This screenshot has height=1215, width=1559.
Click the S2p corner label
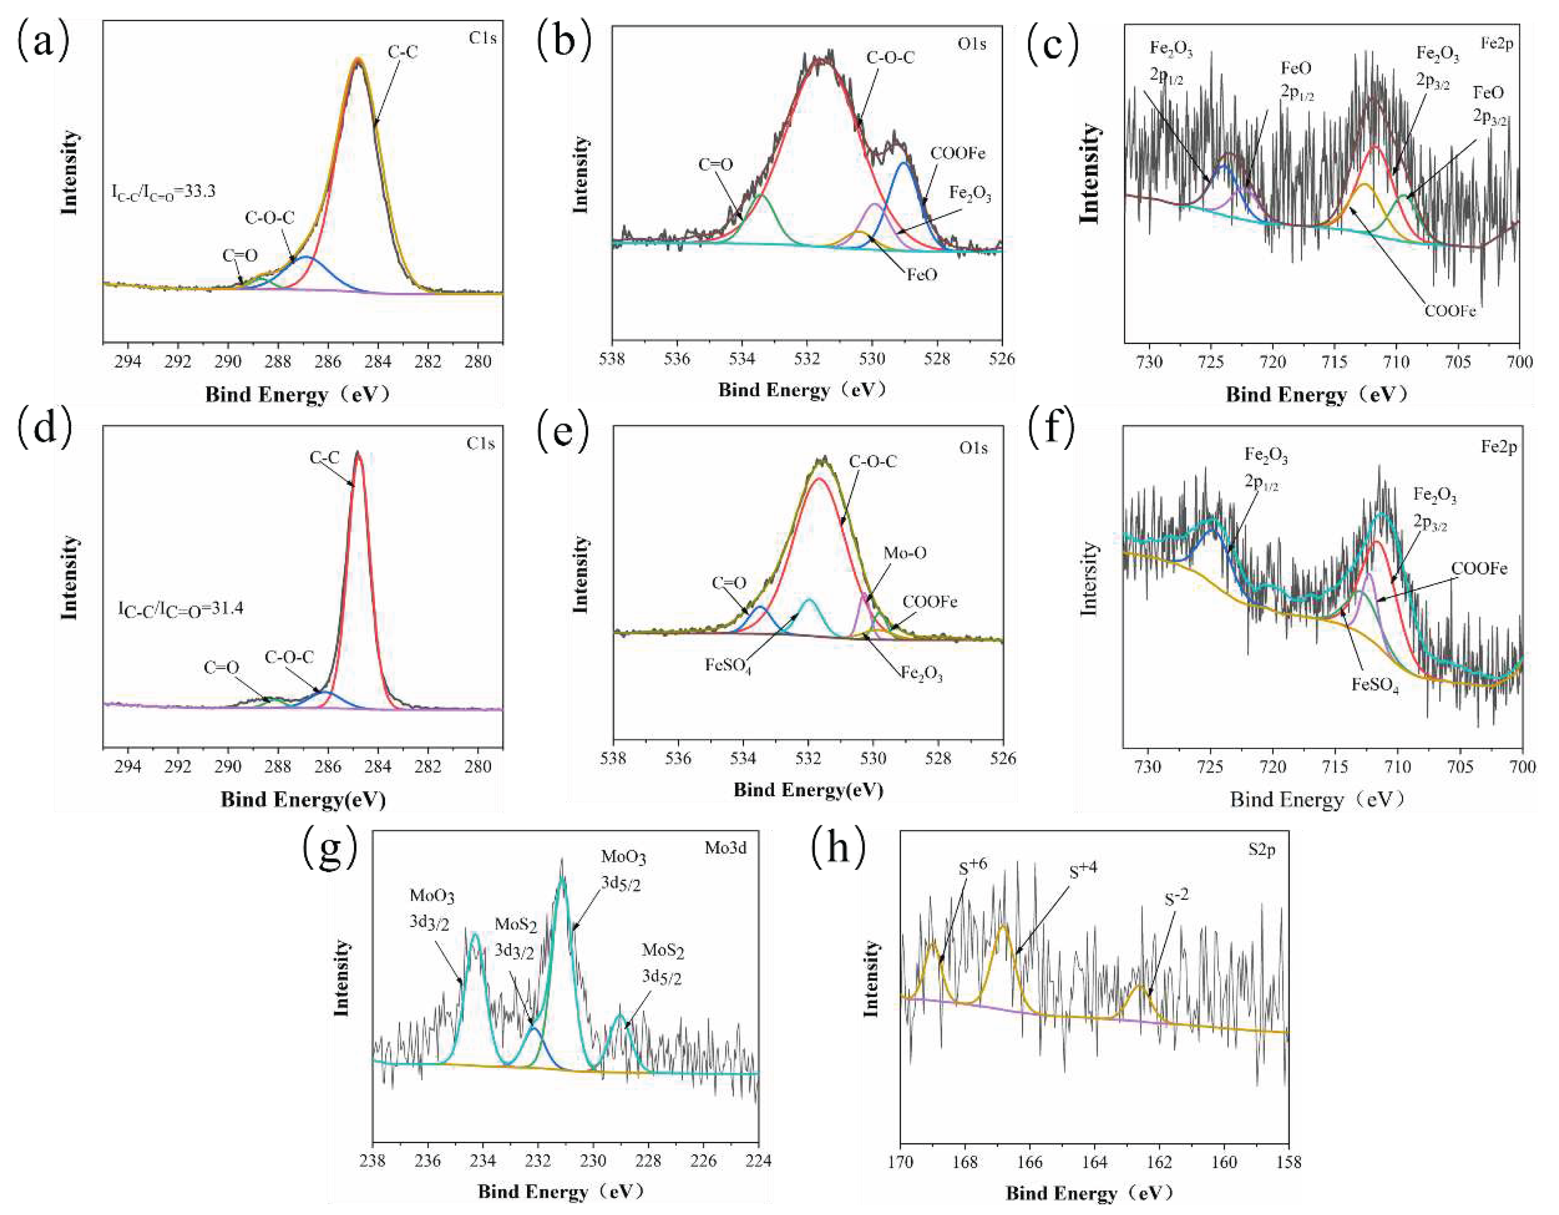coord(1261,850)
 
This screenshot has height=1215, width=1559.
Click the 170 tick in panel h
coord(900,1162)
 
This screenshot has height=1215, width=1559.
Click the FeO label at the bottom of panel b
coord(921,275)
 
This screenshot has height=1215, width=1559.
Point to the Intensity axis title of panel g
coord(342,977)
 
